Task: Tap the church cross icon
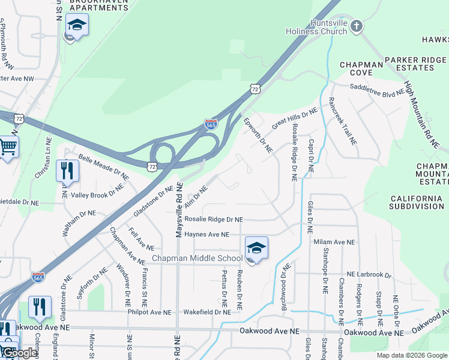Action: pos(357,26)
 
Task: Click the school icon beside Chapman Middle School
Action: pos(256,248)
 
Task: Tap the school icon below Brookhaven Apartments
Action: pos(77,26)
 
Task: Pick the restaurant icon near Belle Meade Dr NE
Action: pos(67,170)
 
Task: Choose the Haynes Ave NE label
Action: pos(207,235)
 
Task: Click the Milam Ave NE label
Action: pos(334,242)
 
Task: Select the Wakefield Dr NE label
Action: pos(207,312)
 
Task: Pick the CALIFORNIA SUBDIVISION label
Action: pos(417,202)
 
